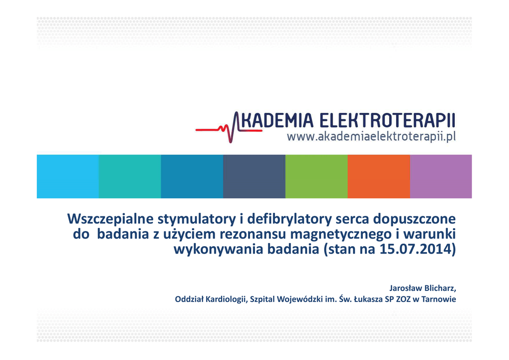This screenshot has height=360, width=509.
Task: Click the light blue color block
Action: coord(68,176)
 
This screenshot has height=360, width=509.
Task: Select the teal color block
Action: coord(130,176)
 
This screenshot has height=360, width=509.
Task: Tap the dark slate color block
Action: coord(254,176)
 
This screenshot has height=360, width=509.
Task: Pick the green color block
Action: coord(317,176)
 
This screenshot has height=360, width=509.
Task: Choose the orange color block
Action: coord(379,176)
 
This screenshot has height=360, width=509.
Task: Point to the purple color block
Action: coord(441,176)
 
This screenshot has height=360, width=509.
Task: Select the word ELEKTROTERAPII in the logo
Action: coord(387,120)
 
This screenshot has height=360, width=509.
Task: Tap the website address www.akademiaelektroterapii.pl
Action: coord(371,137)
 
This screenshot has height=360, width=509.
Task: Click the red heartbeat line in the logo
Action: coord(229,130)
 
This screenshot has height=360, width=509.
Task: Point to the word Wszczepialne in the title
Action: coord(110,220)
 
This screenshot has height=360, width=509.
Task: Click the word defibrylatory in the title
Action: coord(290,219)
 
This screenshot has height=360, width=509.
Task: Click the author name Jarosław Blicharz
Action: coord(423,288)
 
